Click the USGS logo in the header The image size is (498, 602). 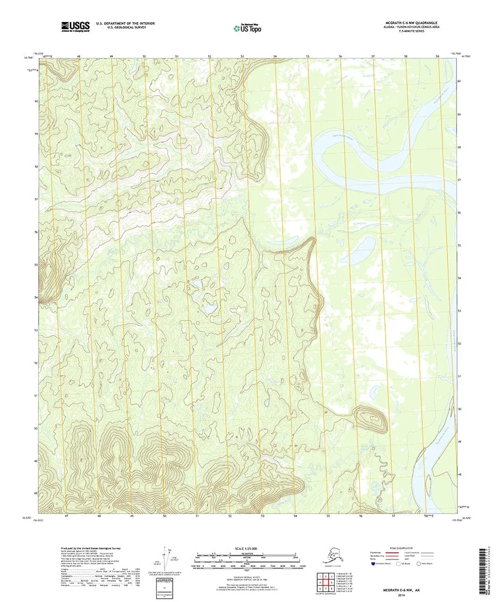(75, 25)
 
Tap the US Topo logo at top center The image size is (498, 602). (247, 27)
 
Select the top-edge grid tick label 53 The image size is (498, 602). (242, 57)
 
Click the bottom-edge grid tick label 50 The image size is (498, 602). (165, 516)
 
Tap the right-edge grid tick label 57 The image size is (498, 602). (459, 180)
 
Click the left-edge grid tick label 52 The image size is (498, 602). (36, 363)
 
